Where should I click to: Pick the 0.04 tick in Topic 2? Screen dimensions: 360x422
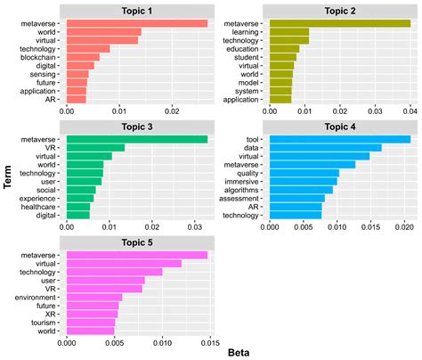(409, 112)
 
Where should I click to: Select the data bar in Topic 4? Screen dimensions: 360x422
(326, 147)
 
